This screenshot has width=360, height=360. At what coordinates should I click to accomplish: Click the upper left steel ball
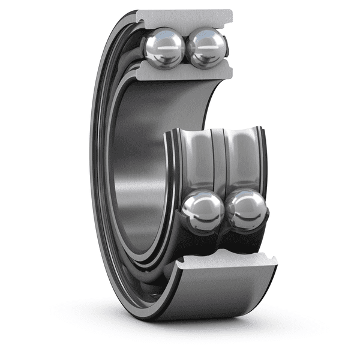pos(164,48)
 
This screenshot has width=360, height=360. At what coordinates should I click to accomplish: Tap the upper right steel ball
pos(206,47)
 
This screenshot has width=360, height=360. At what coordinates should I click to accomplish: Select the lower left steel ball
pos(202,211)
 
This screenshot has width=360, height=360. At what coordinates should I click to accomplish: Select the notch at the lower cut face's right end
pos(274,259)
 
